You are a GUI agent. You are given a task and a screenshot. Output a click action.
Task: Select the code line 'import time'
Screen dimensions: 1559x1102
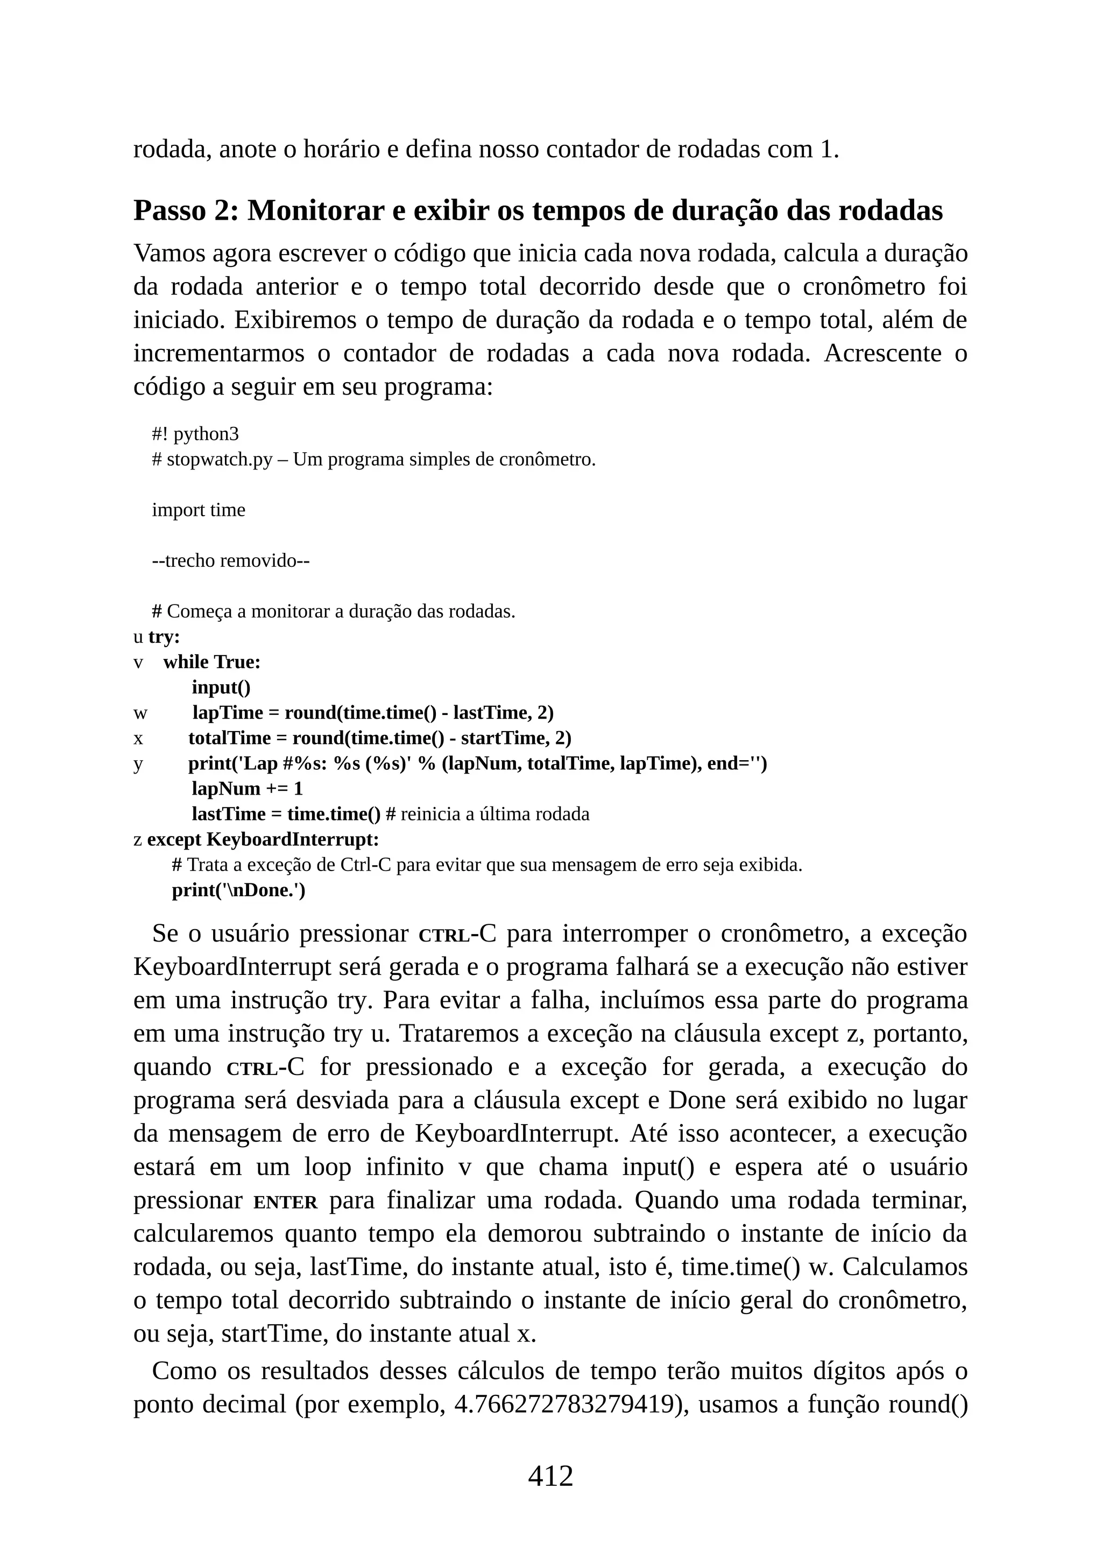(x=198, y=510)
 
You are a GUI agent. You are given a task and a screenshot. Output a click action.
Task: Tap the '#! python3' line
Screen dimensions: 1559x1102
(x=195, y=434)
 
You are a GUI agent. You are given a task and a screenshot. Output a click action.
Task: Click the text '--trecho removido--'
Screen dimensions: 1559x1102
(x=231, y=561)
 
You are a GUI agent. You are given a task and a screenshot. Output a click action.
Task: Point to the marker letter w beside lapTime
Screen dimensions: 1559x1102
(x=140, y=713)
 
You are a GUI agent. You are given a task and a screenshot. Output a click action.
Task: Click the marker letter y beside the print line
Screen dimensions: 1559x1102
(x=138, y=764)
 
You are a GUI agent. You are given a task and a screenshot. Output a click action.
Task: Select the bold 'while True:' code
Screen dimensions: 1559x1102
(x=211, y=662)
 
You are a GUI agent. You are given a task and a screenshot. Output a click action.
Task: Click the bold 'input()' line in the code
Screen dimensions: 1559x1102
(x=221, y=687)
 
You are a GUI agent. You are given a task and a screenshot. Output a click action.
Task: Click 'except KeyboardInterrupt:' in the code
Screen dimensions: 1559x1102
(x=263, y=840)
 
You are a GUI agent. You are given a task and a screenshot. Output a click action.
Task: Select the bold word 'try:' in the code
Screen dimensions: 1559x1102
(x=164, y=637)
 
